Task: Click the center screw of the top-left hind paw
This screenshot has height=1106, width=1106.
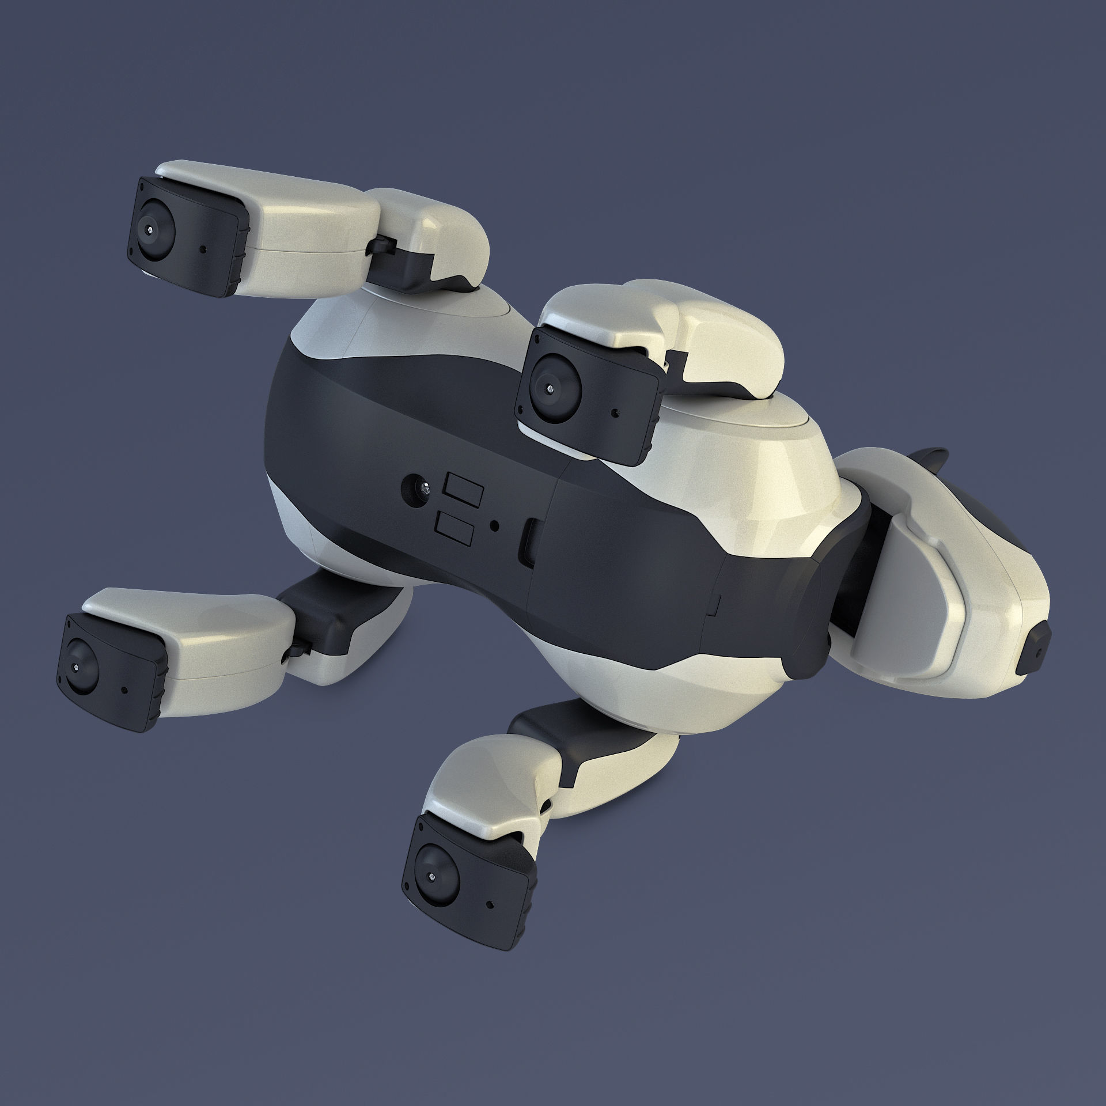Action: [151, 229]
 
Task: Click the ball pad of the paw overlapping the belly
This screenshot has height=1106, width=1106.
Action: [554, 387]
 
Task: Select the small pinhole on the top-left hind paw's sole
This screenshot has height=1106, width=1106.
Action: [204, 251]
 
